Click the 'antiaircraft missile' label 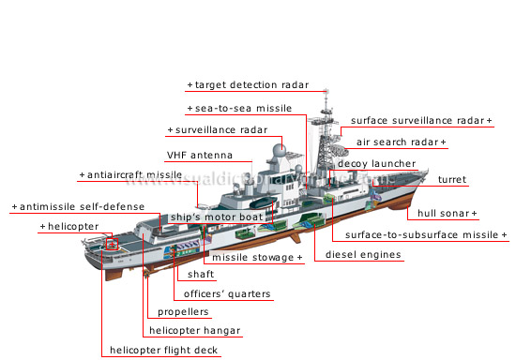[134, 175]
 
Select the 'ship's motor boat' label [216, 217]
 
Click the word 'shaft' [201, 275]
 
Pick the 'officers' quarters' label [228, 294]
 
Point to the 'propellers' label [184, 312]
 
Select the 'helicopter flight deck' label [163, 351]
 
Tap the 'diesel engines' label [364, 254]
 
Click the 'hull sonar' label [448, 214]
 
